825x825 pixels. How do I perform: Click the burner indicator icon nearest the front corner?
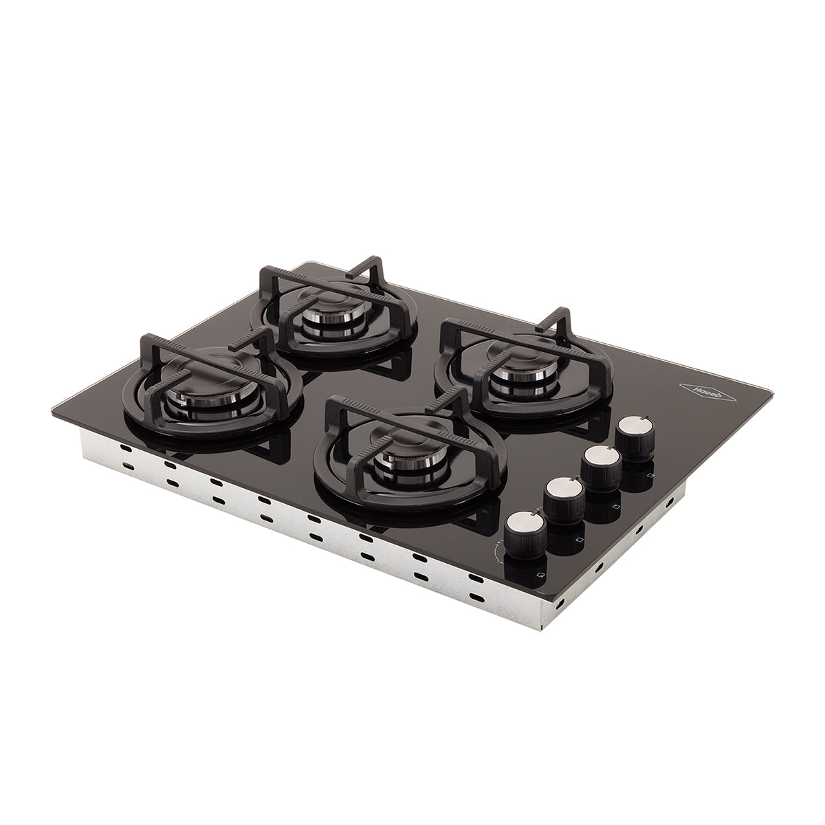(541, 573)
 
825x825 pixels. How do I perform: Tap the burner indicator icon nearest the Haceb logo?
(650, 474)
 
